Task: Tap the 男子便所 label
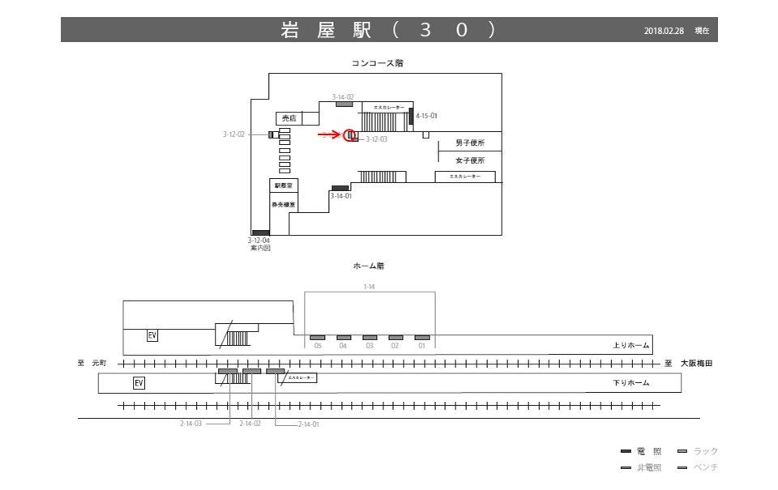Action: (470, 143)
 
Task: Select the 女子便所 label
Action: (470, 160)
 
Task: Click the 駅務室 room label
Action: (282, 186)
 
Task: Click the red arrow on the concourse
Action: (331, 135)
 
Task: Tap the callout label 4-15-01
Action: (426, 116)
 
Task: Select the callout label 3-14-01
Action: (340, 196)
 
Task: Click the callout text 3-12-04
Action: (259, 241)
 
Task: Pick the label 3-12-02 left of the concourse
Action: (233, 134)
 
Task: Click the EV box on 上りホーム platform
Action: (152, 335)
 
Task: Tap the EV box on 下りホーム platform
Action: (139, 382)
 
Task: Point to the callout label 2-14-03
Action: (191, 424)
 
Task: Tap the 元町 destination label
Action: (99, 364)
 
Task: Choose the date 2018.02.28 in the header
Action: (665, 31)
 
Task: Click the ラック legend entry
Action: (705, 451)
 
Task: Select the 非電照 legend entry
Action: (648, 468)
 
